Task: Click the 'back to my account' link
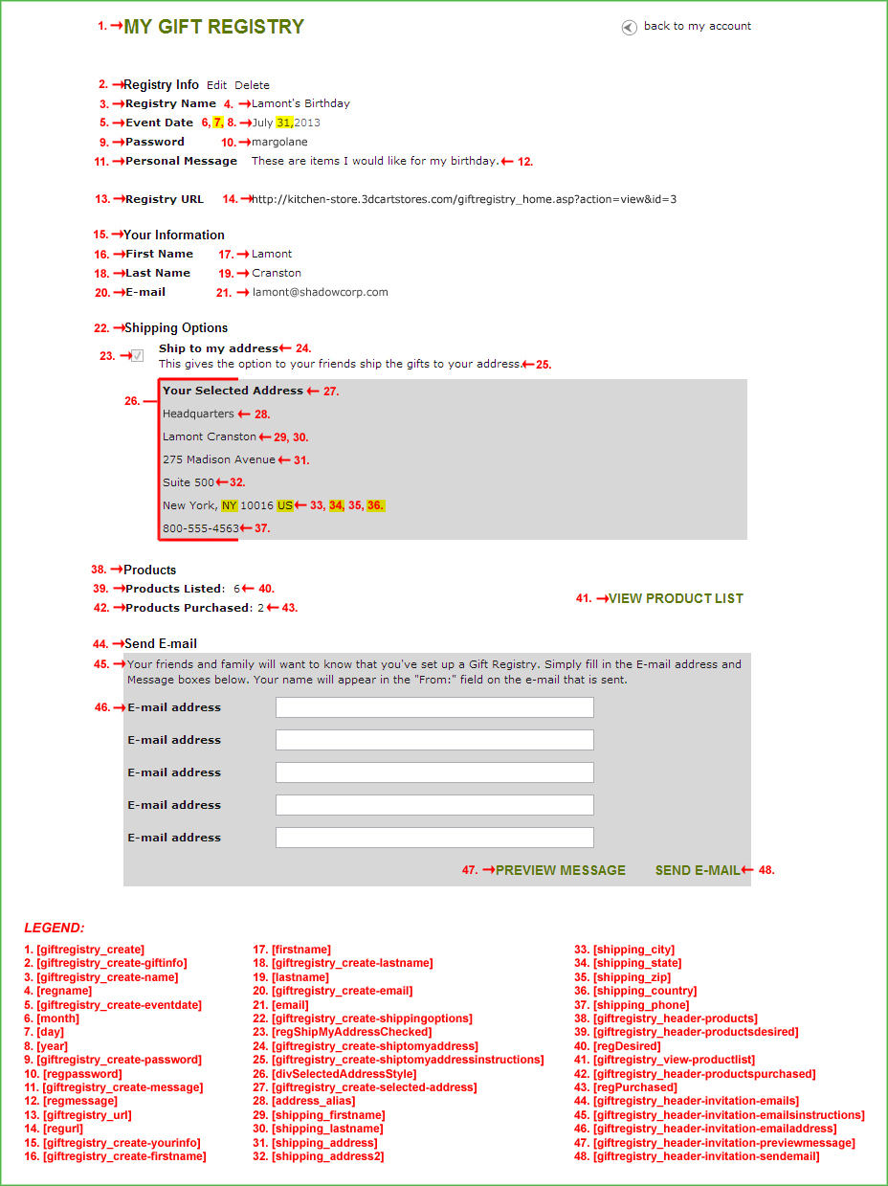coord(697,27)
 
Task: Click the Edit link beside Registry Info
coord(216,85)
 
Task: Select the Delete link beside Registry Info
coord(253,85)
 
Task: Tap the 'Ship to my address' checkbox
coord(138,356)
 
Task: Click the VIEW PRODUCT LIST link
coord(676,599)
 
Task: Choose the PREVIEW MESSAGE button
coord(561,871)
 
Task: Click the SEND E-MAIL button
coord(698,871)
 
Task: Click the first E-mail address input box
coord(434,707)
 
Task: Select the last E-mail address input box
coord(434,838)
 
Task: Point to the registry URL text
coord(464,200)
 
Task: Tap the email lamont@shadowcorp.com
coord(321,293)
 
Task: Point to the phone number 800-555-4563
coord(201,528)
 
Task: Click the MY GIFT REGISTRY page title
coord(214,28)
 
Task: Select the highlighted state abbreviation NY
coord(229,505)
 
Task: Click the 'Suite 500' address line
coord(189,482)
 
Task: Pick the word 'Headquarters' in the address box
coord(198,414)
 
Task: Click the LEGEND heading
coord(54,929)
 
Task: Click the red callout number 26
coord(132,402)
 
